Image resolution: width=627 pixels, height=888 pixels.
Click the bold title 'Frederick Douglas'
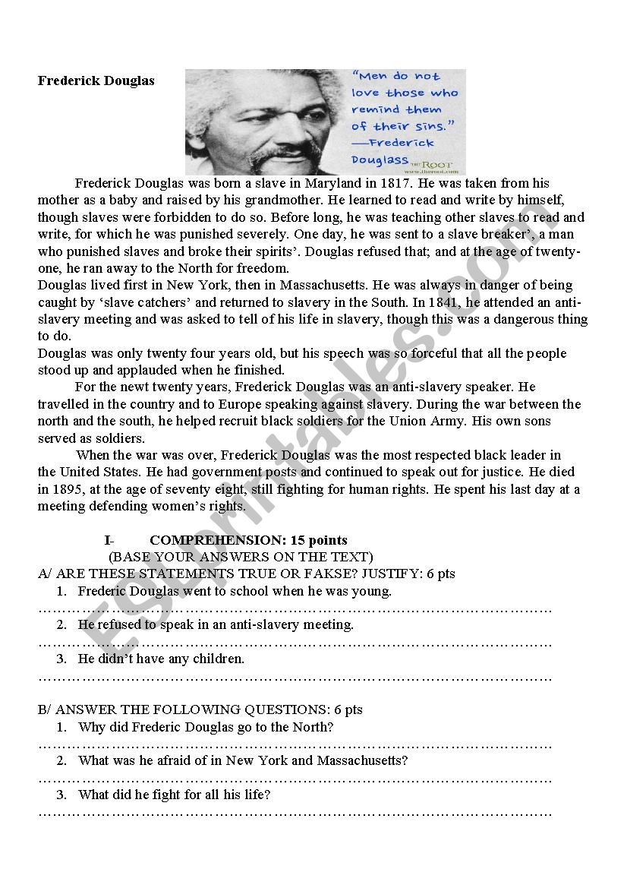tap(96, 81)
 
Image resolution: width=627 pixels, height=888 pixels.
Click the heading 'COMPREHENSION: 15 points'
tap(248, 541)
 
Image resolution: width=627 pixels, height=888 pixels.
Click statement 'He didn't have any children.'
tap(161, 659)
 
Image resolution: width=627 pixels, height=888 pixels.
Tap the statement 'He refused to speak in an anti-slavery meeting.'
tap(216, 624)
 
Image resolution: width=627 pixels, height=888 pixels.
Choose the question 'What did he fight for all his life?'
tap(175, 795)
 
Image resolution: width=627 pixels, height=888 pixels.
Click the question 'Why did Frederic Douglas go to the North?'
tap(206, 727)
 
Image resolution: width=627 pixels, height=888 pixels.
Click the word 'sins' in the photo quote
tap(431, 125)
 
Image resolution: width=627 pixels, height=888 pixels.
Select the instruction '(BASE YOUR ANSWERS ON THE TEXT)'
tap(241, 558)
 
